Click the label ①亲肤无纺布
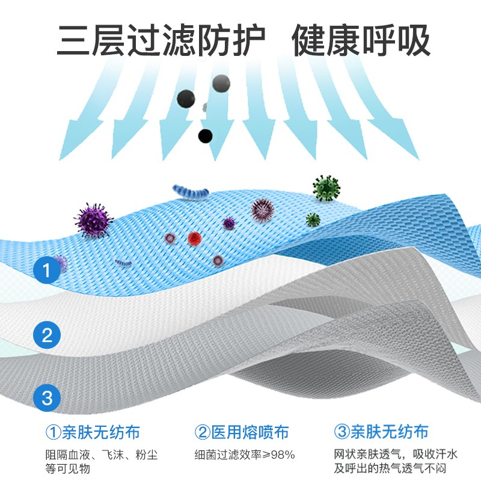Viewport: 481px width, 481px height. (x=93, y=432)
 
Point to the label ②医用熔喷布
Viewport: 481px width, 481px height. (x=242, y=432)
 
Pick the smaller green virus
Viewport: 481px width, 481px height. (x=313, y=219)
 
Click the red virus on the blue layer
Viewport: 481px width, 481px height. (x=194, y=238)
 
